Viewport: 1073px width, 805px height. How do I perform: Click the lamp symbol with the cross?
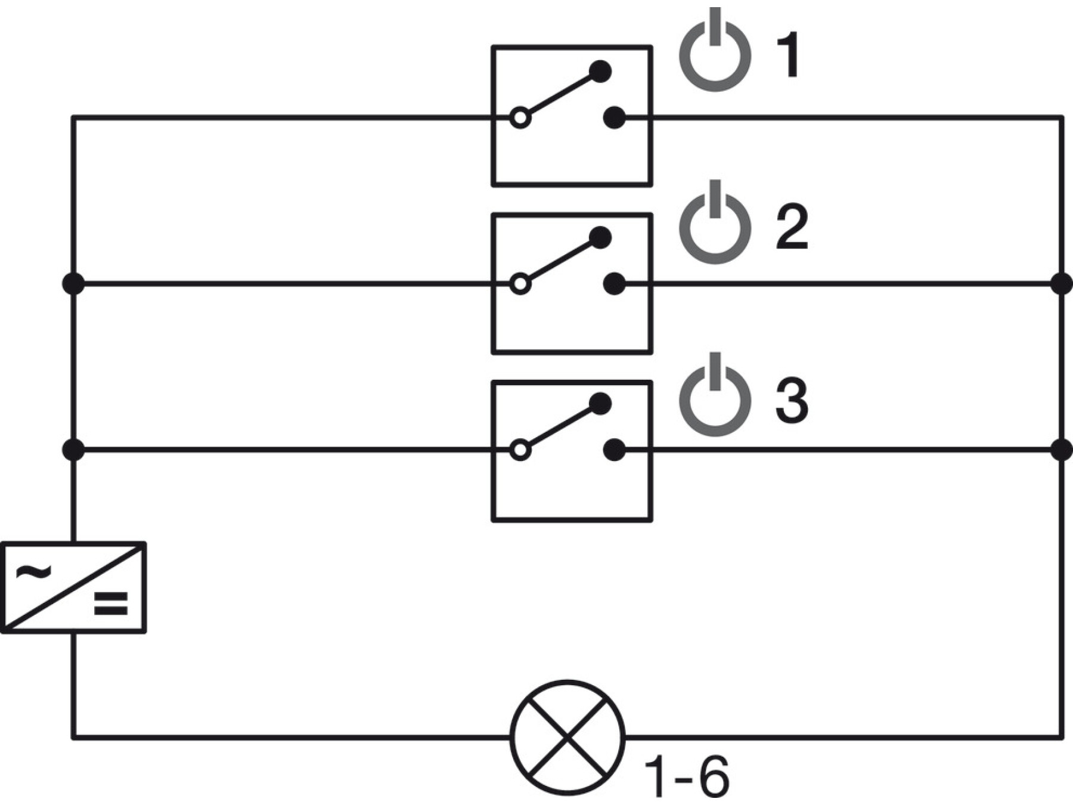coord(567,738)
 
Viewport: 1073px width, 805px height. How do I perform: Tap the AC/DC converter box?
coord(73,587)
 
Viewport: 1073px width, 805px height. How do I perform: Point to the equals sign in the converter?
coord(111,603)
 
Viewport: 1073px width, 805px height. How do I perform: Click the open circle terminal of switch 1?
coord(520,118)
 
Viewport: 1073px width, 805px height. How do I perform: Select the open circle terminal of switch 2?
coord(520,284)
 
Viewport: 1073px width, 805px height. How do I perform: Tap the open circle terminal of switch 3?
coord(520,450)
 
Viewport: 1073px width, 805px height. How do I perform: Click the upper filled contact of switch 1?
coord(600,72)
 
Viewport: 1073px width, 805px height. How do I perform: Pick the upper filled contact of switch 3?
coord(600,404)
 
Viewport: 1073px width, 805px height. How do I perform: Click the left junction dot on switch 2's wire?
coord(73,284)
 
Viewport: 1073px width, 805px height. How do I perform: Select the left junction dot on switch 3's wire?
coord(73,450)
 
